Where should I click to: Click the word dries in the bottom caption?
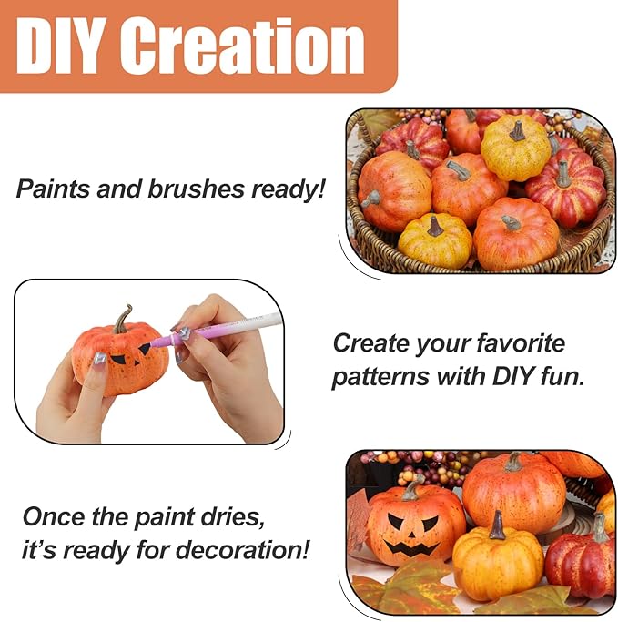(226, 516)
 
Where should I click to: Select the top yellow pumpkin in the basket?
(515, 148)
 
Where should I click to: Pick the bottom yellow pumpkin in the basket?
(435, 240)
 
